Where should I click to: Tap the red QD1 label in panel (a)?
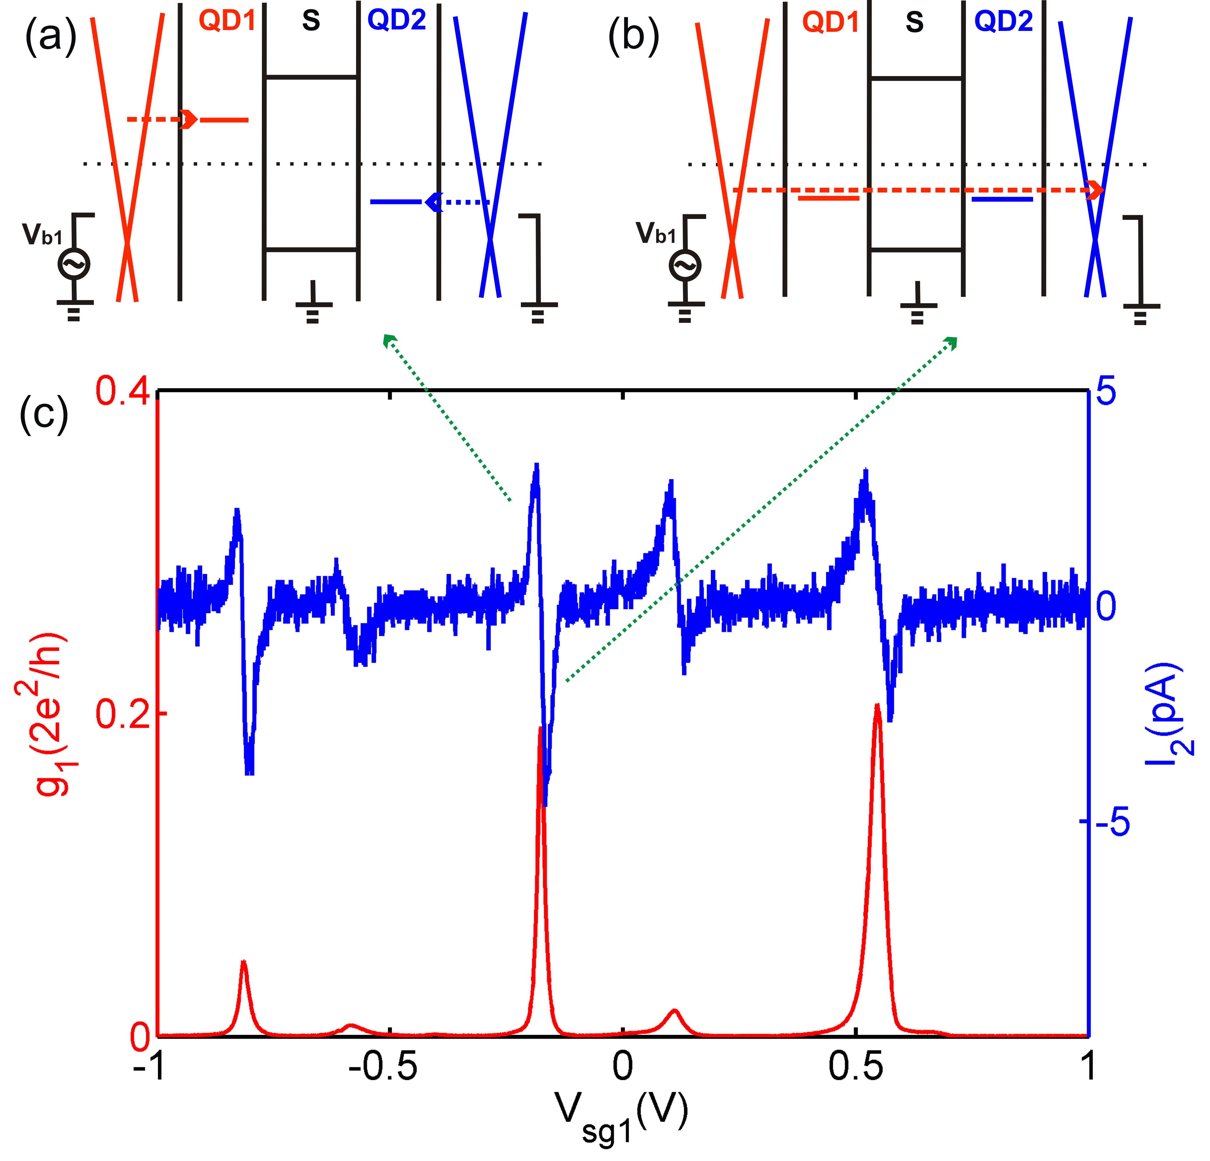click(227, 22)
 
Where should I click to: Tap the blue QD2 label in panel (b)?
click(1003, 22)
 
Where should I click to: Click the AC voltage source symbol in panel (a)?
click(74, 264)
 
